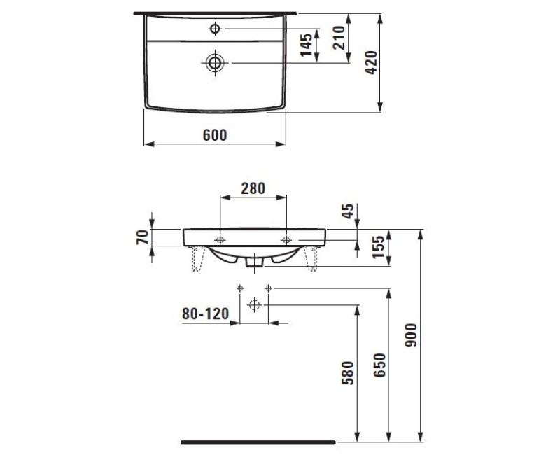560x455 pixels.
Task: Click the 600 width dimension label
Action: coord(215,136)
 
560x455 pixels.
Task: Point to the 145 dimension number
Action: coord(306,45)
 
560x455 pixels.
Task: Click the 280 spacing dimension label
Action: coord(253,188)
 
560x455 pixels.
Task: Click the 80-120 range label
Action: coord(206,315)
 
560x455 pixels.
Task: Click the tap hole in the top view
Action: coord(215,29)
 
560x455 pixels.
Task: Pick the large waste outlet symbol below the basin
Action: coord(254,304)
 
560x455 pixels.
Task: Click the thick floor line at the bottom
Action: coord(258,442)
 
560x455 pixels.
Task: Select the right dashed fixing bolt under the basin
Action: coord(311,260)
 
